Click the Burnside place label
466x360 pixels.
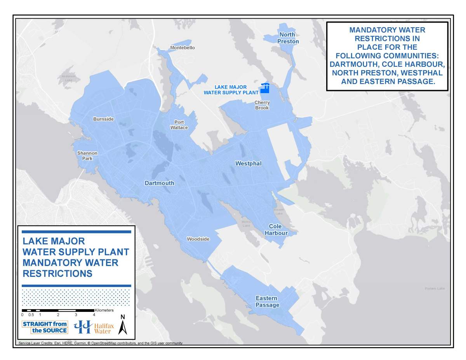103,119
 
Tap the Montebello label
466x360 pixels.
183,48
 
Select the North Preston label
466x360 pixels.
288,38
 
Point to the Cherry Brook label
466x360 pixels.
262,105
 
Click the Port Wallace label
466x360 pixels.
179,125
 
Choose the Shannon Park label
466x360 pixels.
87,156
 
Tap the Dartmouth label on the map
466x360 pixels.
160,183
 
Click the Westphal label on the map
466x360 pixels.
249,163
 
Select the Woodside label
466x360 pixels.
198,239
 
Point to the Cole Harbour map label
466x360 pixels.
276,230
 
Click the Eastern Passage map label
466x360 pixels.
267,301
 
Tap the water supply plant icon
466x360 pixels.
265,88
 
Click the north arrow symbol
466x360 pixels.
123,325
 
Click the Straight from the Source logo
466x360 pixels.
45,327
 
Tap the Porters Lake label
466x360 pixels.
435,289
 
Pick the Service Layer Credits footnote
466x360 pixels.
101,343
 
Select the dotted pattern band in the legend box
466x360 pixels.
76,297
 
